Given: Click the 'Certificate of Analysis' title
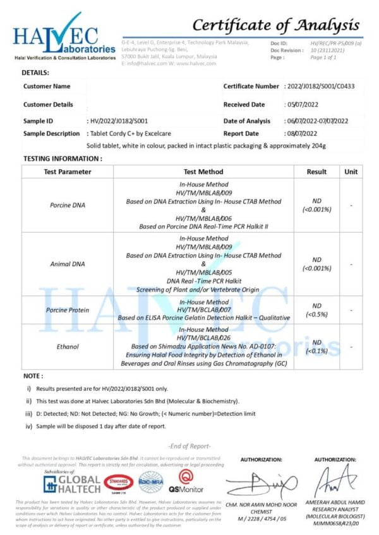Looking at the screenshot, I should point(275,25).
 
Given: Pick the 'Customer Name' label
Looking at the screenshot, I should point(47,86).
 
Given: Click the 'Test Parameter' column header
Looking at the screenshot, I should point(67,172).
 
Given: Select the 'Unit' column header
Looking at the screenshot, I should point(351,172).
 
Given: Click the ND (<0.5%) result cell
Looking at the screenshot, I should point(316,310).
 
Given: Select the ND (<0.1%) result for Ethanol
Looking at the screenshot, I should point(316,346).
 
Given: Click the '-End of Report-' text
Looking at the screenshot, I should point(189,446).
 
